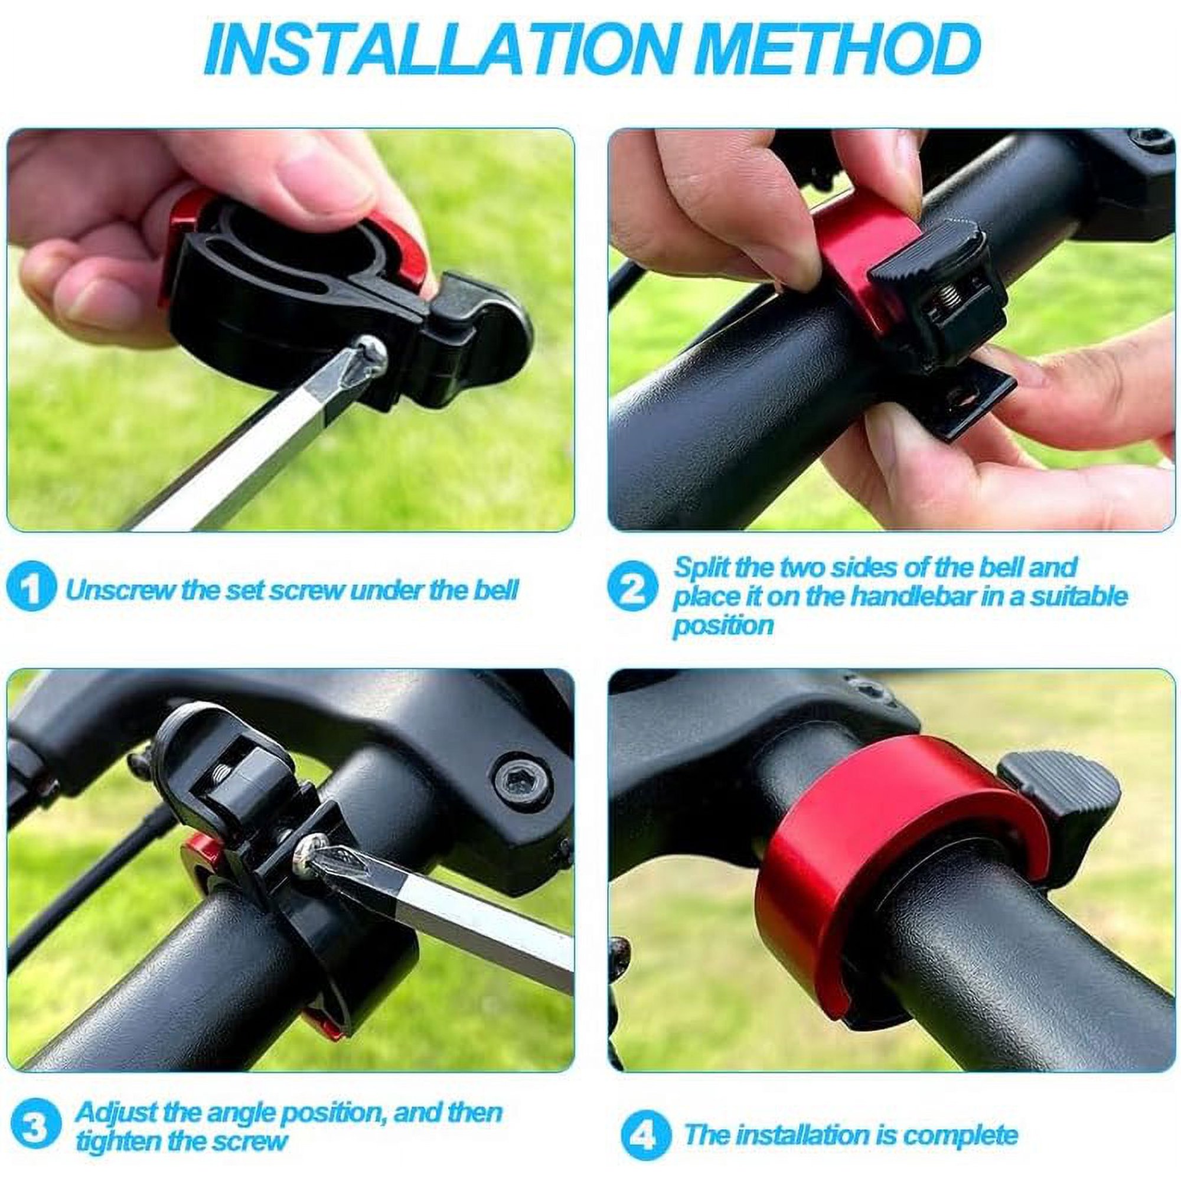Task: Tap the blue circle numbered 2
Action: (631, 591)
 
